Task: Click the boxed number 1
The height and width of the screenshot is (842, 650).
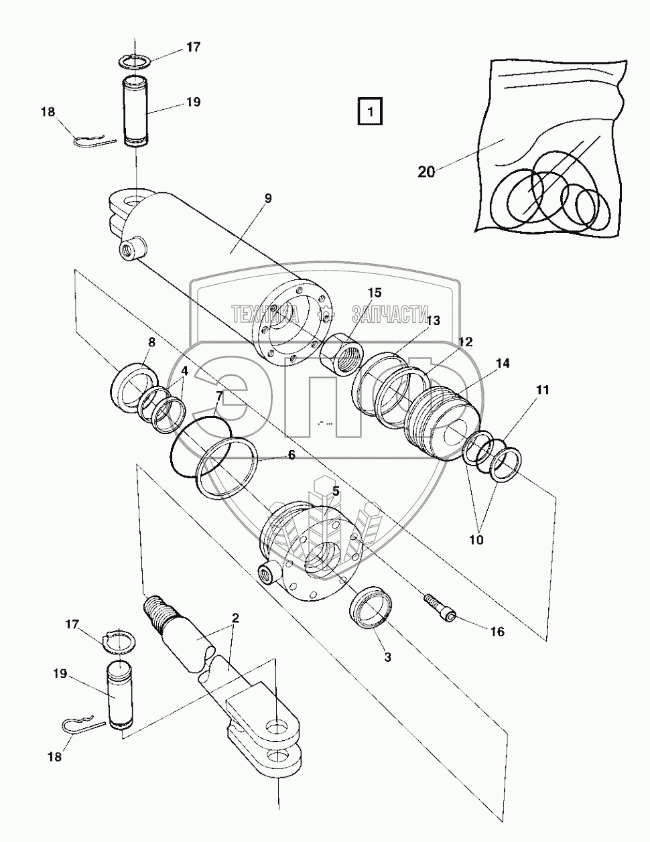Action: (x=370, y=112)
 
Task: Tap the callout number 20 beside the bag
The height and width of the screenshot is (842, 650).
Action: (x=426, y=171)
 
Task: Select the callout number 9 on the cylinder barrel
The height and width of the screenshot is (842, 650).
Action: (x=268, y=198)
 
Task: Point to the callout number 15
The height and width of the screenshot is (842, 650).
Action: (x=375, y=293)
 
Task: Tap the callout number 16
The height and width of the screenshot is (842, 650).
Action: (x=497, y=632)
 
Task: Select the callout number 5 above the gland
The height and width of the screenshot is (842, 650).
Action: (x=336, y=492)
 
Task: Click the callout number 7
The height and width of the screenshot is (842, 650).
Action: (x=220, y=396)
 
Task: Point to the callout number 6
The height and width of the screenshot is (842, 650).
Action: (x=291, y=455)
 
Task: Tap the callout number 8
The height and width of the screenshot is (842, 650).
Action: (x=151, y=342)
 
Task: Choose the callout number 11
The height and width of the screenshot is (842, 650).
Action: (x=542, y=390)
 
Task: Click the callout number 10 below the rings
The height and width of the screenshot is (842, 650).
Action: (x=476, y=540)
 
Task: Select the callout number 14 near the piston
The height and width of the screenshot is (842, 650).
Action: (x=503, y=364)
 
